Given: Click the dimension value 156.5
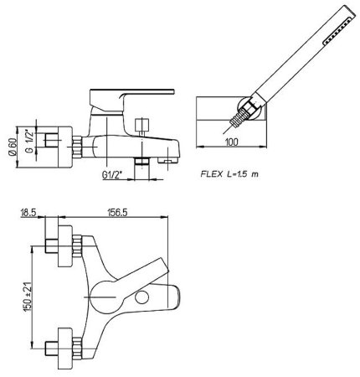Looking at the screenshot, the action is pos(117,213).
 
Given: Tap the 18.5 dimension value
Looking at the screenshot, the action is pos(28,213).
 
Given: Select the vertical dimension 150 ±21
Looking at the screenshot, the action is pos(28,297).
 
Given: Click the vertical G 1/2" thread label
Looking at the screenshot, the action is pos(29,141).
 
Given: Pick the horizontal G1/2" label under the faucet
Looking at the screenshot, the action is pos(112,175).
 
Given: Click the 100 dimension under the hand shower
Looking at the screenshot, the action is pos(232,142).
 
